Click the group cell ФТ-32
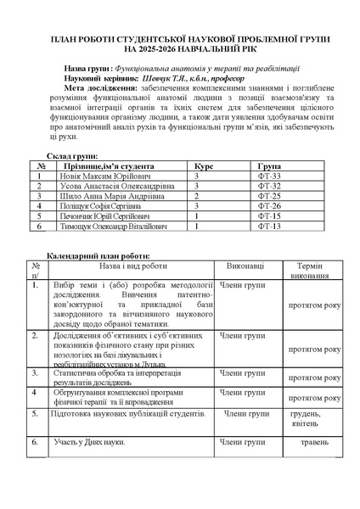coord(268,186)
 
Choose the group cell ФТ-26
coord(268,206)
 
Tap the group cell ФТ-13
coord(268,227)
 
